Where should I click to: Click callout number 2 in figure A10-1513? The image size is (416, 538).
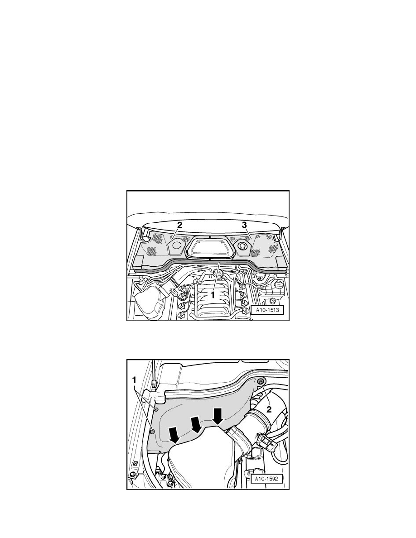pos(179,225)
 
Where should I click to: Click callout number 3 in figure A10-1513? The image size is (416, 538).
pos(244,225)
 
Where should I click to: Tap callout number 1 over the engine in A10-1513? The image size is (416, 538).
pos(213,294)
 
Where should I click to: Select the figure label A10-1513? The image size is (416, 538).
pos(267,310)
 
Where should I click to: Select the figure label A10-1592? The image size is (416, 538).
pos(267,479)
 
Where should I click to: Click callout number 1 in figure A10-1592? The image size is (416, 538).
pos(134,380)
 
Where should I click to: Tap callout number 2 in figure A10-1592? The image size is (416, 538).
pos(269,409)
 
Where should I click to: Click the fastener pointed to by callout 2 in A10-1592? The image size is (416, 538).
pos(261,382)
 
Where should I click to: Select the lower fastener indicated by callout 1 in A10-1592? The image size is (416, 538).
pos(153,431)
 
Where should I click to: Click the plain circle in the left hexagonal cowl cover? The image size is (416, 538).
pos(178,245)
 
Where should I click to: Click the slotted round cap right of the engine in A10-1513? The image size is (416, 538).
pos(273,301)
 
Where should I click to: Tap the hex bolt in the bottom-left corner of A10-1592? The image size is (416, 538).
pos(132,476)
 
